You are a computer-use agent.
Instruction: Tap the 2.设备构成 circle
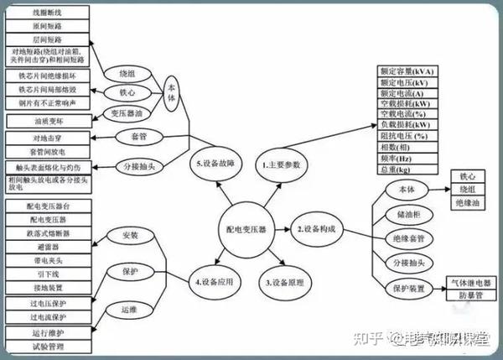coord(316,227)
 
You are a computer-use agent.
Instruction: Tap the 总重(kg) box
coord(407,170)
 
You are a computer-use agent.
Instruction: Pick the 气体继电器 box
coord(470,283)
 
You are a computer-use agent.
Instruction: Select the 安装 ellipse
coord(130,236)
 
